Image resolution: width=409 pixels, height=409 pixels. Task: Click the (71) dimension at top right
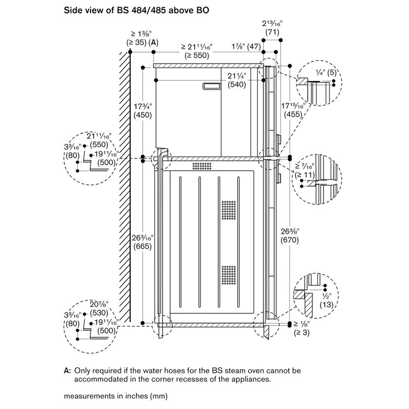tap(271, 33)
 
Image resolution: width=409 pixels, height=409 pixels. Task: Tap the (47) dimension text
tap(254, 47)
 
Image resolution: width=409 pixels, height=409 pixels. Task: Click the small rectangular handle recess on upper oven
tap(212, 87)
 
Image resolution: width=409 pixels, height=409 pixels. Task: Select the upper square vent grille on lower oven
tap(229, 210)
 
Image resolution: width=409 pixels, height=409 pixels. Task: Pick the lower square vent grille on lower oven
tap(229, 276)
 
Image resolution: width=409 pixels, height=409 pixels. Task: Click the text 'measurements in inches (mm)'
tap(116, 395)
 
